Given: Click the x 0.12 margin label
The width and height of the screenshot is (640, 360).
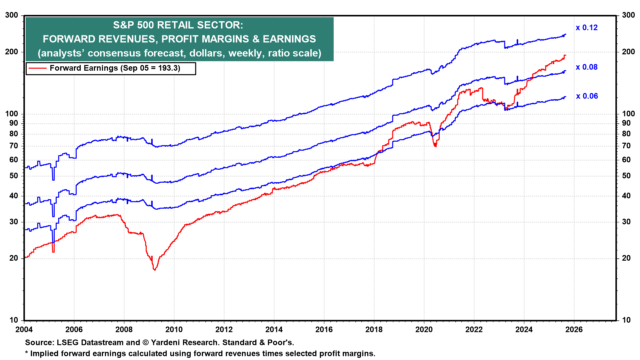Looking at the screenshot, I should click(x=587, y=28).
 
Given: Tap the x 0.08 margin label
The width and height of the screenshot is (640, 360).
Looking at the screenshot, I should click(x=587, y=67).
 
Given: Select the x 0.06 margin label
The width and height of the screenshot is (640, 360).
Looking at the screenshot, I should click(x=587, y=96).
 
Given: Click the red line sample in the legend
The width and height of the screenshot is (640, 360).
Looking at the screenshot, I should click(x=37, y=68).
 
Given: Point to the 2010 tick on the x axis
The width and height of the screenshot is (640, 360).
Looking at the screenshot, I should click(x=174, y=330).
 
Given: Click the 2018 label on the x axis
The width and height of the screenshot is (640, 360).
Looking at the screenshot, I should click(x=374, y=330).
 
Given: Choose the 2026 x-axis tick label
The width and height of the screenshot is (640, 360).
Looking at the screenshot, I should click(x=574, y=330).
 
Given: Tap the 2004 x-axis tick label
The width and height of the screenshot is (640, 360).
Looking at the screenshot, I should click(x=24, y=330).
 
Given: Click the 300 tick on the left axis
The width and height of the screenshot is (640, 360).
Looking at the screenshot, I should click(x=12, y=15).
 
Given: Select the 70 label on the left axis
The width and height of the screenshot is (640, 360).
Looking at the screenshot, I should click(x=14, y=146).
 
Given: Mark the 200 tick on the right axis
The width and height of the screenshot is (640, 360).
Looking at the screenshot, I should click(x=628, y=52).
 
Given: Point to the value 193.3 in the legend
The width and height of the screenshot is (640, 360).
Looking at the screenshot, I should click(x=167, y=68).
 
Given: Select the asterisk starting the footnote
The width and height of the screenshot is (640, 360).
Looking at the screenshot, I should click(x=27, y=353).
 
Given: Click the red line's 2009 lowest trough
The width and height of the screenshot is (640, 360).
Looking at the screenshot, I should click(x=155, y=270).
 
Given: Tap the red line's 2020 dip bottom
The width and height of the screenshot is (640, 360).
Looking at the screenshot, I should click(x=435, y=146).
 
